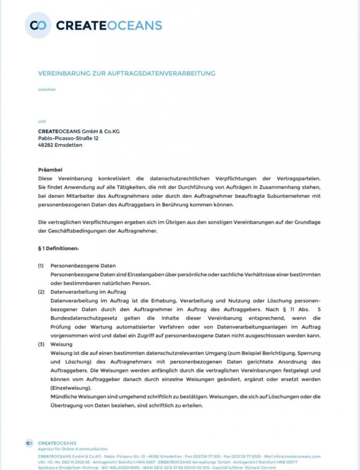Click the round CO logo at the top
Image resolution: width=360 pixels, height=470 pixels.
click(38, 25)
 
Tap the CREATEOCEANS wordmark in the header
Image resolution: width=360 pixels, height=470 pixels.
click(109, 25)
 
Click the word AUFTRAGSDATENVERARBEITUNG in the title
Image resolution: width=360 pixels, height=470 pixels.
click(166, 73)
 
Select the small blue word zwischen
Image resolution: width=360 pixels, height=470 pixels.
click(47, 89)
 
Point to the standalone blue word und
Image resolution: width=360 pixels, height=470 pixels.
click(42, 121)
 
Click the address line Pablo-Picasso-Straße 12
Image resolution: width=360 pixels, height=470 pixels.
click(68, 138)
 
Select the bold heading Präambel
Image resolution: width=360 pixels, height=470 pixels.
click(50, 170)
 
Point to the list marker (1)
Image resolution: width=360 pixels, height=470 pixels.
click(41, 266)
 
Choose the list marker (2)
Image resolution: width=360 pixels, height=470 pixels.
click(41, 292)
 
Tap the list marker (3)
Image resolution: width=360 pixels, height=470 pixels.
click(41, 345)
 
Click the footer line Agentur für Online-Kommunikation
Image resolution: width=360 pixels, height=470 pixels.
click(73, 449)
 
